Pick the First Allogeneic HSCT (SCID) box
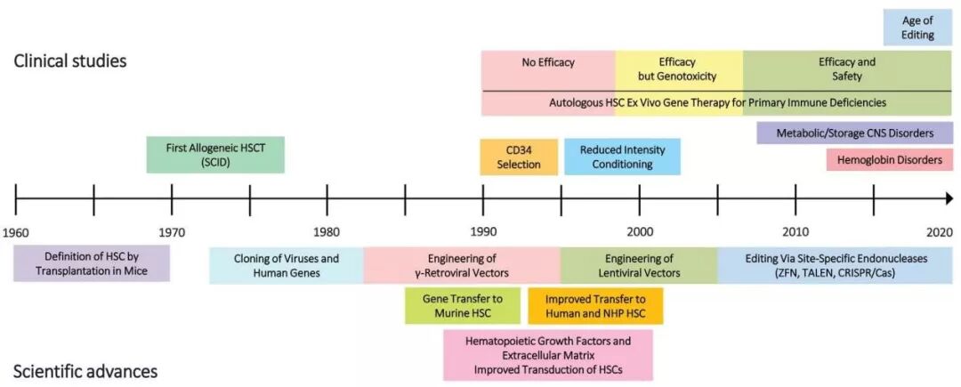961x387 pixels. tap(215, 155)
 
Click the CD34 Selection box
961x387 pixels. tap(519, 157)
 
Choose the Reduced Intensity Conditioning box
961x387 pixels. tap(622, 157)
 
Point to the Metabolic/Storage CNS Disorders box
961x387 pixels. tap(854, 133)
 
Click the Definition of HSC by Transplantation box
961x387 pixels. tap(91, 264)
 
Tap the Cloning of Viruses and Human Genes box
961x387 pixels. tap(287, 265)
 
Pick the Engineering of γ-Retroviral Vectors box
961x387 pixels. tap(462, 265)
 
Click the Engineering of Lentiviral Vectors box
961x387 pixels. tap(639, 265)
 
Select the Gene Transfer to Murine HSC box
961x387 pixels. tap(463, 305)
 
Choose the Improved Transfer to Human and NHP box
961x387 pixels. tap(595, 305)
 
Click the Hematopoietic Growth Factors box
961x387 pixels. tap(548, 356)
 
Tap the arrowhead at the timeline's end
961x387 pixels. tap(949, 198)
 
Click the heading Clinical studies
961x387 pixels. tap(70, 62)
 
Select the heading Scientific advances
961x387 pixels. tap(85, 371)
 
